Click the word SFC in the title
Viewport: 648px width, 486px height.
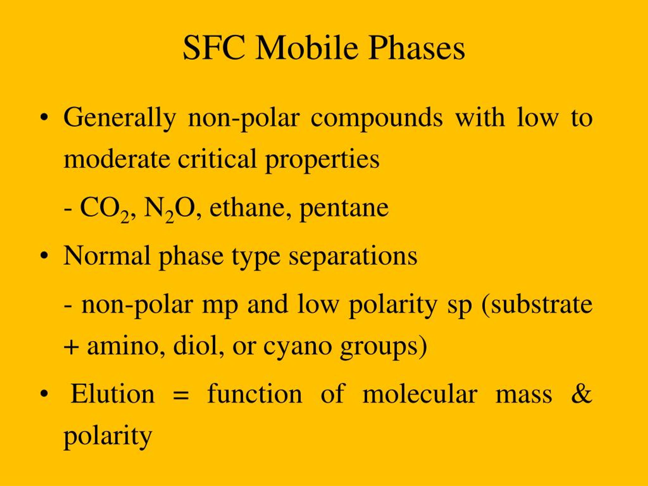pos(214,47)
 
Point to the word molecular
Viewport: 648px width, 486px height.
pos(420,393)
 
